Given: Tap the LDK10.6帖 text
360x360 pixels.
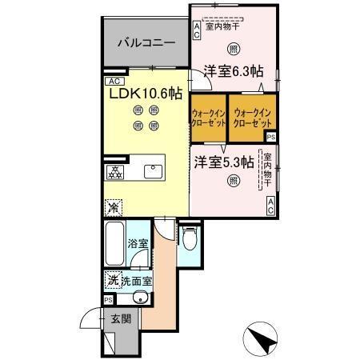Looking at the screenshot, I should click(144, 93).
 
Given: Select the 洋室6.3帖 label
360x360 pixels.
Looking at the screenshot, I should click(232, 71).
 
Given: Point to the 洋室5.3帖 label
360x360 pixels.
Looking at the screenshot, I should click(223, 161).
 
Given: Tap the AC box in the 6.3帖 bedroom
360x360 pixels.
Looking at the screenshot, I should click(196, 30).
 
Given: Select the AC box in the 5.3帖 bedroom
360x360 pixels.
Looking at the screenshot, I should click(271, 206).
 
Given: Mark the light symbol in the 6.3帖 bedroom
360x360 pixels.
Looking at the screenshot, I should click(233, 46).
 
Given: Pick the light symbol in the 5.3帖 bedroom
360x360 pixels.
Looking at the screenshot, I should click(232, 182).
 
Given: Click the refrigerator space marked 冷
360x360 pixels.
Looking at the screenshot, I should click(114, 206).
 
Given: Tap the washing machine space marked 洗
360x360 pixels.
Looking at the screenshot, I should click(114, 280).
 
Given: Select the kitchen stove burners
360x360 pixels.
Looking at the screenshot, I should click(115, 172).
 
